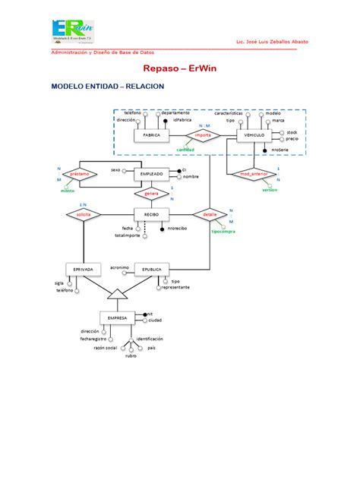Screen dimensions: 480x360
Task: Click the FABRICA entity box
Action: click(152, 136)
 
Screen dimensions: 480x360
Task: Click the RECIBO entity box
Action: click(152, 216)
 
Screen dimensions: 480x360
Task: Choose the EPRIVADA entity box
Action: click(84, 270)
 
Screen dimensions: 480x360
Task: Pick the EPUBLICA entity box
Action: click(152, 270)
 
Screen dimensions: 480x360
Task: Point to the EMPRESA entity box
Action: click(117, 317)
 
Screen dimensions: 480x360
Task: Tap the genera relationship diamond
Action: click(152, 194)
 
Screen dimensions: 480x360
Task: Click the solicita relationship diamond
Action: click(84, 216)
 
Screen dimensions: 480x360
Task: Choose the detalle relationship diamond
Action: click(210, 216)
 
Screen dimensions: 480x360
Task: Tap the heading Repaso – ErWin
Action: click(179, 68)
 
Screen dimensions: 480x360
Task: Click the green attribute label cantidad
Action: click(186, 150)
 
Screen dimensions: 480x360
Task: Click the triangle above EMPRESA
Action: click(117, 292)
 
